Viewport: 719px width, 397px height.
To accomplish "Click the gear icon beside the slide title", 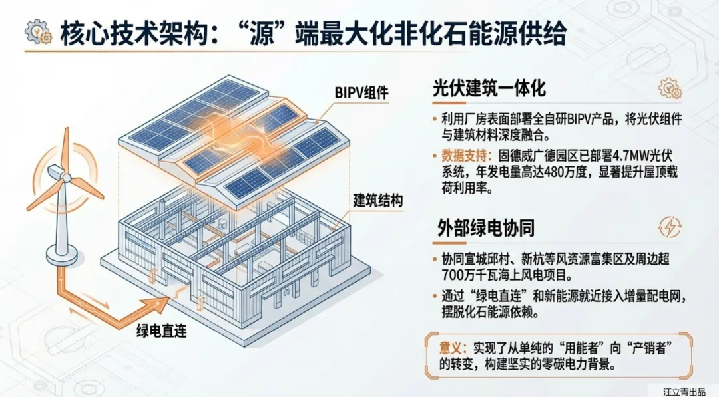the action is tap(37, 31).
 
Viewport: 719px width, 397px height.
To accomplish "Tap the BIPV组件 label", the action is tap(361, 92).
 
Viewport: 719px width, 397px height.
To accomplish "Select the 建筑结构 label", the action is tap(377, 200).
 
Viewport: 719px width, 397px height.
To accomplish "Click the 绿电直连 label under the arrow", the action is tap(161, 331).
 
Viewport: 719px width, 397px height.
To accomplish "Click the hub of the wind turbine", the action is tap(66, 176).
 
